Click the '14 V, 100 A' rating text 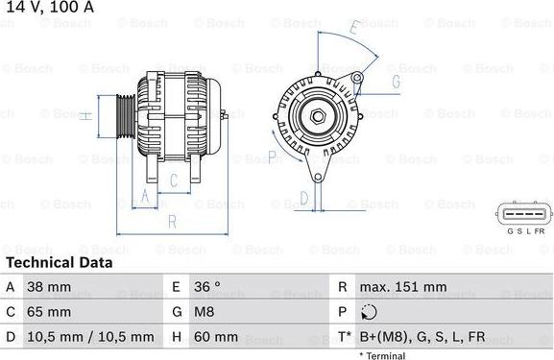(x=50, y=7)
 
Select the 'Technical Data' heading (x=60, y=262)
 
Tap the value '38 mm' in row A (x=49, y=287)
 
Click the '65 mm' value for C (x=49, y=312)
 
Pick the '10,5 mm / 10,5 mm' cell (x=90, y=337)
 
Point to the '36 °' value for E (x=207, y=287)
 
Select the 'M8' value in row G (x=205, y=312)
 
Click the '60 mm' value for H (x=216, y=337)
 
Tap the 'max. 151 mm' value (x=403, y=287)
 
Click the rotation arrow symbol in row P (x=370, y=312)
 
